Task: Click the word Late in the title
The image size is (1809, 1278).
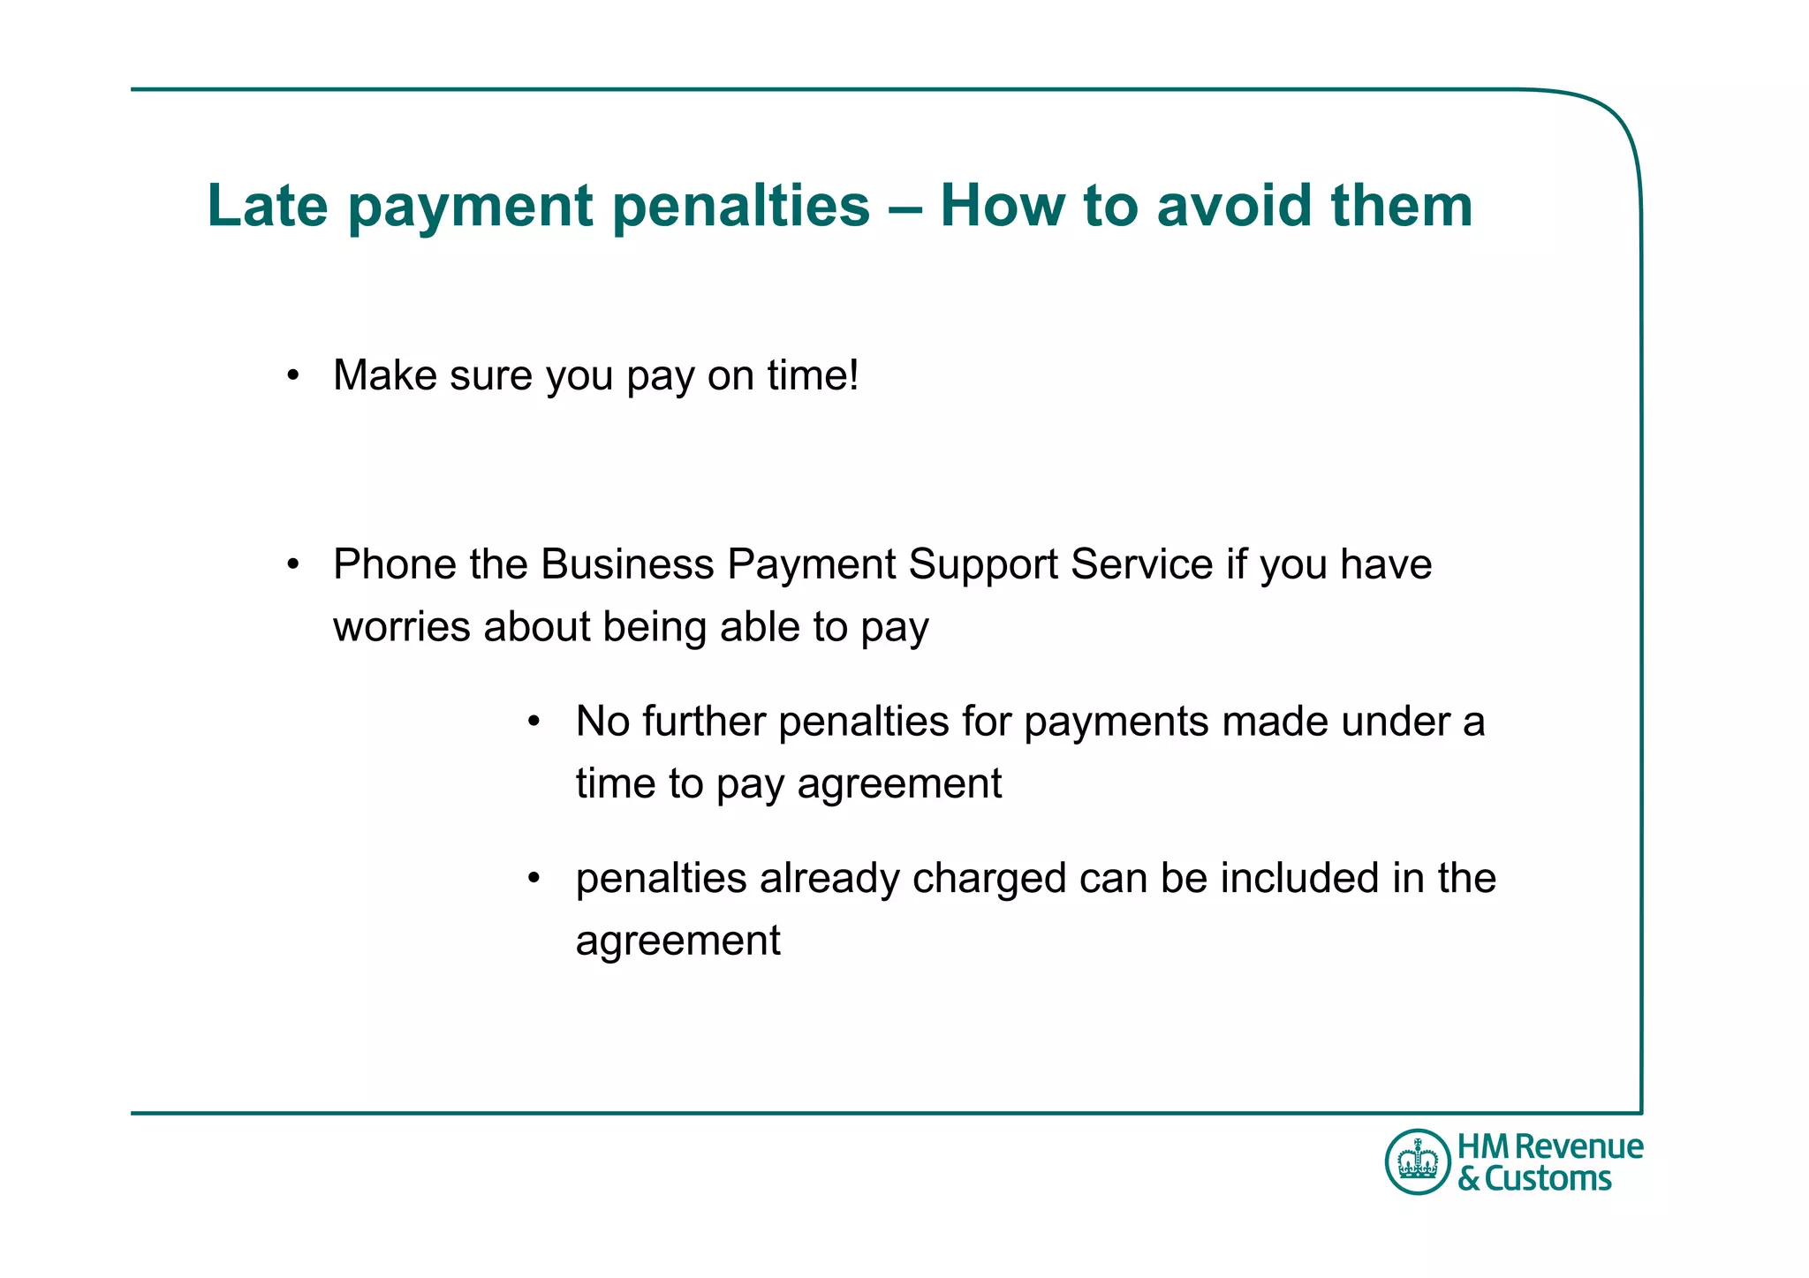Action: click(268, 206)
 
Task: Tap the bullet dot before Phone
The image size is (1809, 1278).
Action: click(293, 565)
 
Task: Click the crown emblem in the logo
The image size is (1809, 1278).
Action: click(1419, 1161)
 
